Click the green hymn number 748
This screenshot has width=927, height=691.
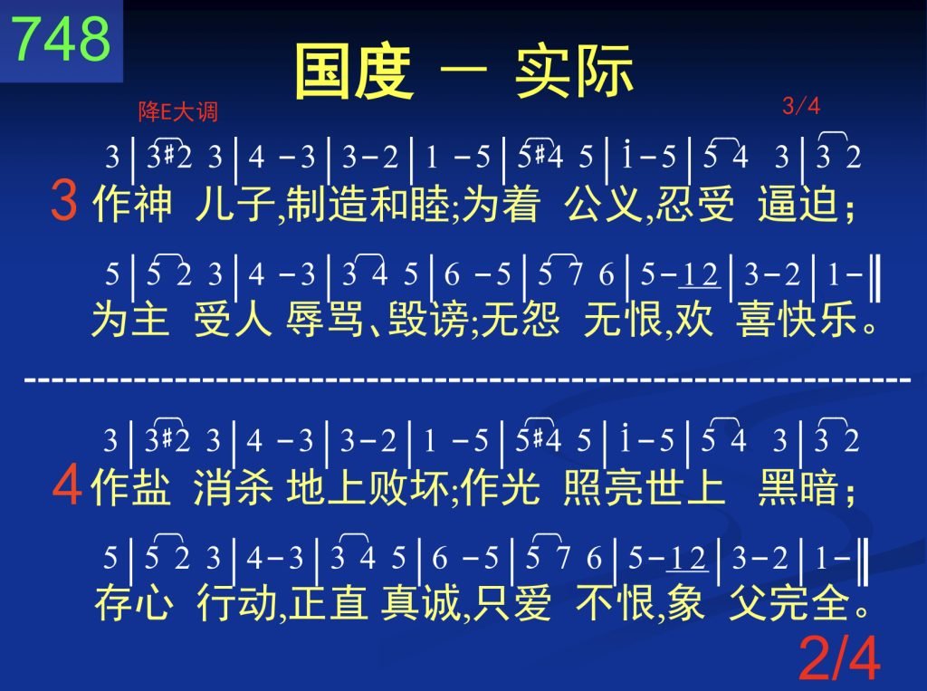click(61, 38)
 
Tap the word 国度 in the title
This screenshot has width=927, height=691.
click(353, 72)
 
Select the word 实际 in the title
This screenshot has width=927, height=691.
click(574, 72)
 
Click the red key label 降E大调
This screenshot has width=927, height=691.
click(178, 111)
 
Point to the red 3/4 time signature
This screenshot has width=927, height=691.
click(801, 106)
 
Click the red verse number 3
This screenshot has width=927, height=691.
click(64, 200)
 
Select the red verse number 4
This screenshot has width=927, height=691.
click(66, 484)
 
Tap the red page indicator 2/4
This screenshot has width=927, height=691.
click(839, 657)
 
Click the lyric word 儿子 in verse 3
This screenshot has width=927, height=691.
click(235, 203)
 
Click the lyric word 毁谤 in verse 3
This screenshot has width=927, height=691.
click(429, 319)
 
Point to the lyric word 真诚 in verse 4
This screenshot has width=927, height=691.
click(421, 603)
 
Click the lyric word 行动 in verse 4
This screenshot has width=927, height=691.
click(236, 603)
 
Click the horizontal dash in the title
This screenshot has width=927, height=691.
click(463, 71)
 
